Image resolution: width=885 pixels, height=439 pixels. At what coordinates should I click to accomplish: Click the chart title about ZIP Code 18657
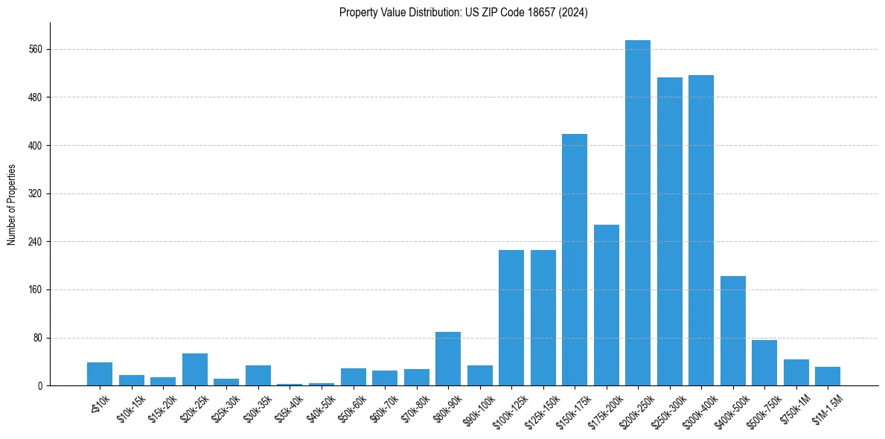tap(463, 13)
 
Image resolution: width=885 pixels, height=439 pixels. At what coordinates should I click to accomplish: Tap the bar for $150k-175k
tap(575, 260)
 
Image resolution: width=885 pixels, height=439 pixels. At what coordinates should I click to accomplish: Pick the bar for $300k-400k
tap(701, 231)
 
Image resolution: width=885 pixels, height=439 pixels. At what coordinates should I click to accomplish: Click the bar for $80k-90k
tap(448, 359)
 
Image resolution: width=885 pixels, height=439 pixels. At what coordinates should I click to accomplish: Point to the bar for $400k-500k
tap(733, 331)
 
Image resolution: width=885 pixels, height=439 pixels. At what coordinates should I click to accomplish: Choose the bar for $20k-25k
tap(195, 370)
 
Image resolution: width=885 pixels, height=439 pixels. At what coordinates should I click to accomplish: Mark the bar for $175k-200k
tap(607, 305)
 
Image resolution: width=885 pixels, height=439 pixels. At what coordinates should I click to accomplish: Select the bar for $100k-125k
tap(511, 318)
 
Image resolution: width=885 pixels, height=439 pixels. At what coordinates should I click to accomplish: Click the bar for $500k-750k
tap(764, 363)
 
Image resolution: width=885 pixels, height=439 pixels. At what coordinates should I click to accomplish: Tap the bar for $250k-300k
tap(670, 231)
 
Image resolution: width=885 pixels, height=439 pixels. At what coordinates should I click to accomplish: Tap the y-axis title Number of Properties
tap(12, 205)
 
